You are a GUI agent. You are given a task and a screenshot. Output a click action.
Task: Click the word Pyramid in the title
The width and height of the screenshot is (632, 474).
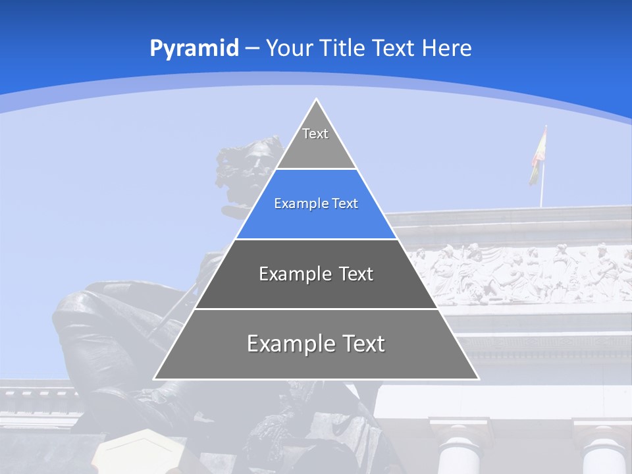[194, 49]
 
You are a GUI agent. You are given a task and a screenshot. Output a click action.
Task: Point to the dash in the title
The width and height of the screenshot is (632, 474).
[252, 49]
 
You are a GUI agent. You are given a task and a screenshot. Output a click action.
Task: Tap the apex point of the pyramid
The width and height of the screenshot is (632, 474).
[316, 99]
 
